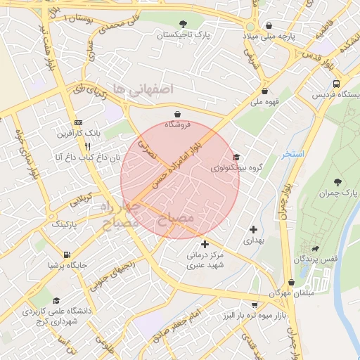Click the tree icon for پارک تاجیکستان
(184, 24)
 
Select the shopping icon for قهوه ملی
(264, 91)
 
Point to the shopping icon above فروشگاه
(176, 113)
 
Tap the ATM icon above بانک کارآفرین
(77, 122)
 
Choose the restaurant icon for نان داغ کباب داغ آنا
(88, 146)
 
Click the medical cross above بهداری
(253, 229)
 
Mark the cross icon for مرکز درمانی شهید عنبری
(205, 244)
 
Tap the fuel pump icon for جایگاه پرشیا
(67, 255)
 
